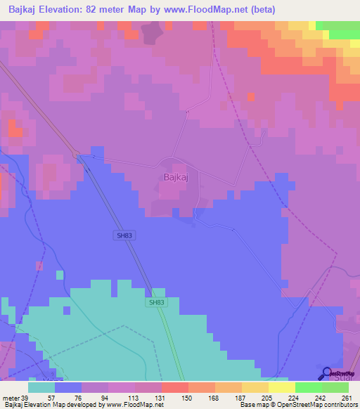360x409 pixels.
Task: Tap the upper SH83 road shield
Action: [x=124, y=235]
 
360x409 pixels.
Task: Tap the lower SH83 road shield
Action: [x=157, y=302]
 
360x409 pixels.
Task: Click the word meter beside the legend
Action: [x=11, y=397]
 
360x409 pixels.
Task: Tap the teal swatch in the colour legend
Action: [x=41, y=387]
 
